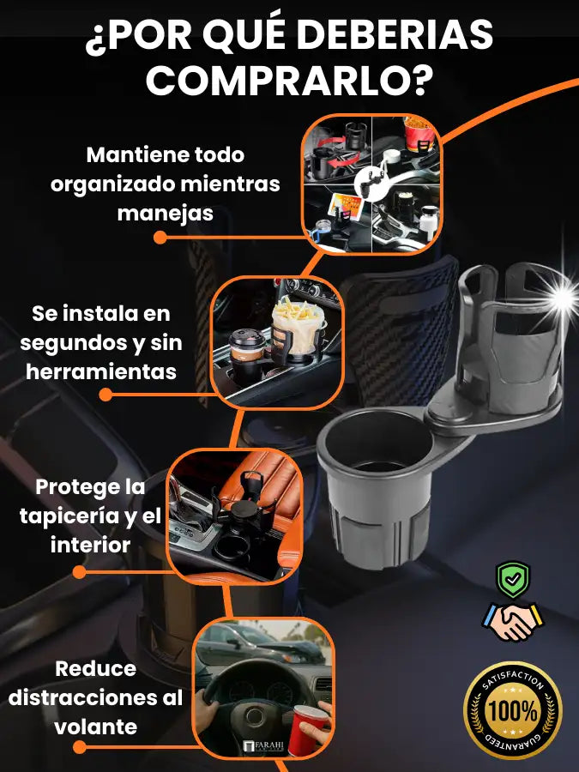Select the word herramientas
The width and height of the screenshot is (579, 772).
[101, 371]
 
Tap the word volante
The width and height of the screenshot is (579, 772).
[95, 727]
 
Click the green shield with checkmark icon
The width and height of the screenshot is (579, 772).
[513, 580]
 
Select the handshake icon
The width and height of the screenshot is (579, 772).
[513, 621]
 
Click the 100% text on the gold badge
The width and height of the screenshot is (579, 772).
[513, 711]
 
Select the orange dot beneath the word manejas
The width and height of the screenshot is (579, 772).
[160, 238]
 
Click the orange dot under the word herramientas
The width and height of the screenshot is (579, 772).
[106, 395]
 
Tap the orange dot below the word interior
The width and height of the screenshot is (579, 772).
[79, 571]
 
